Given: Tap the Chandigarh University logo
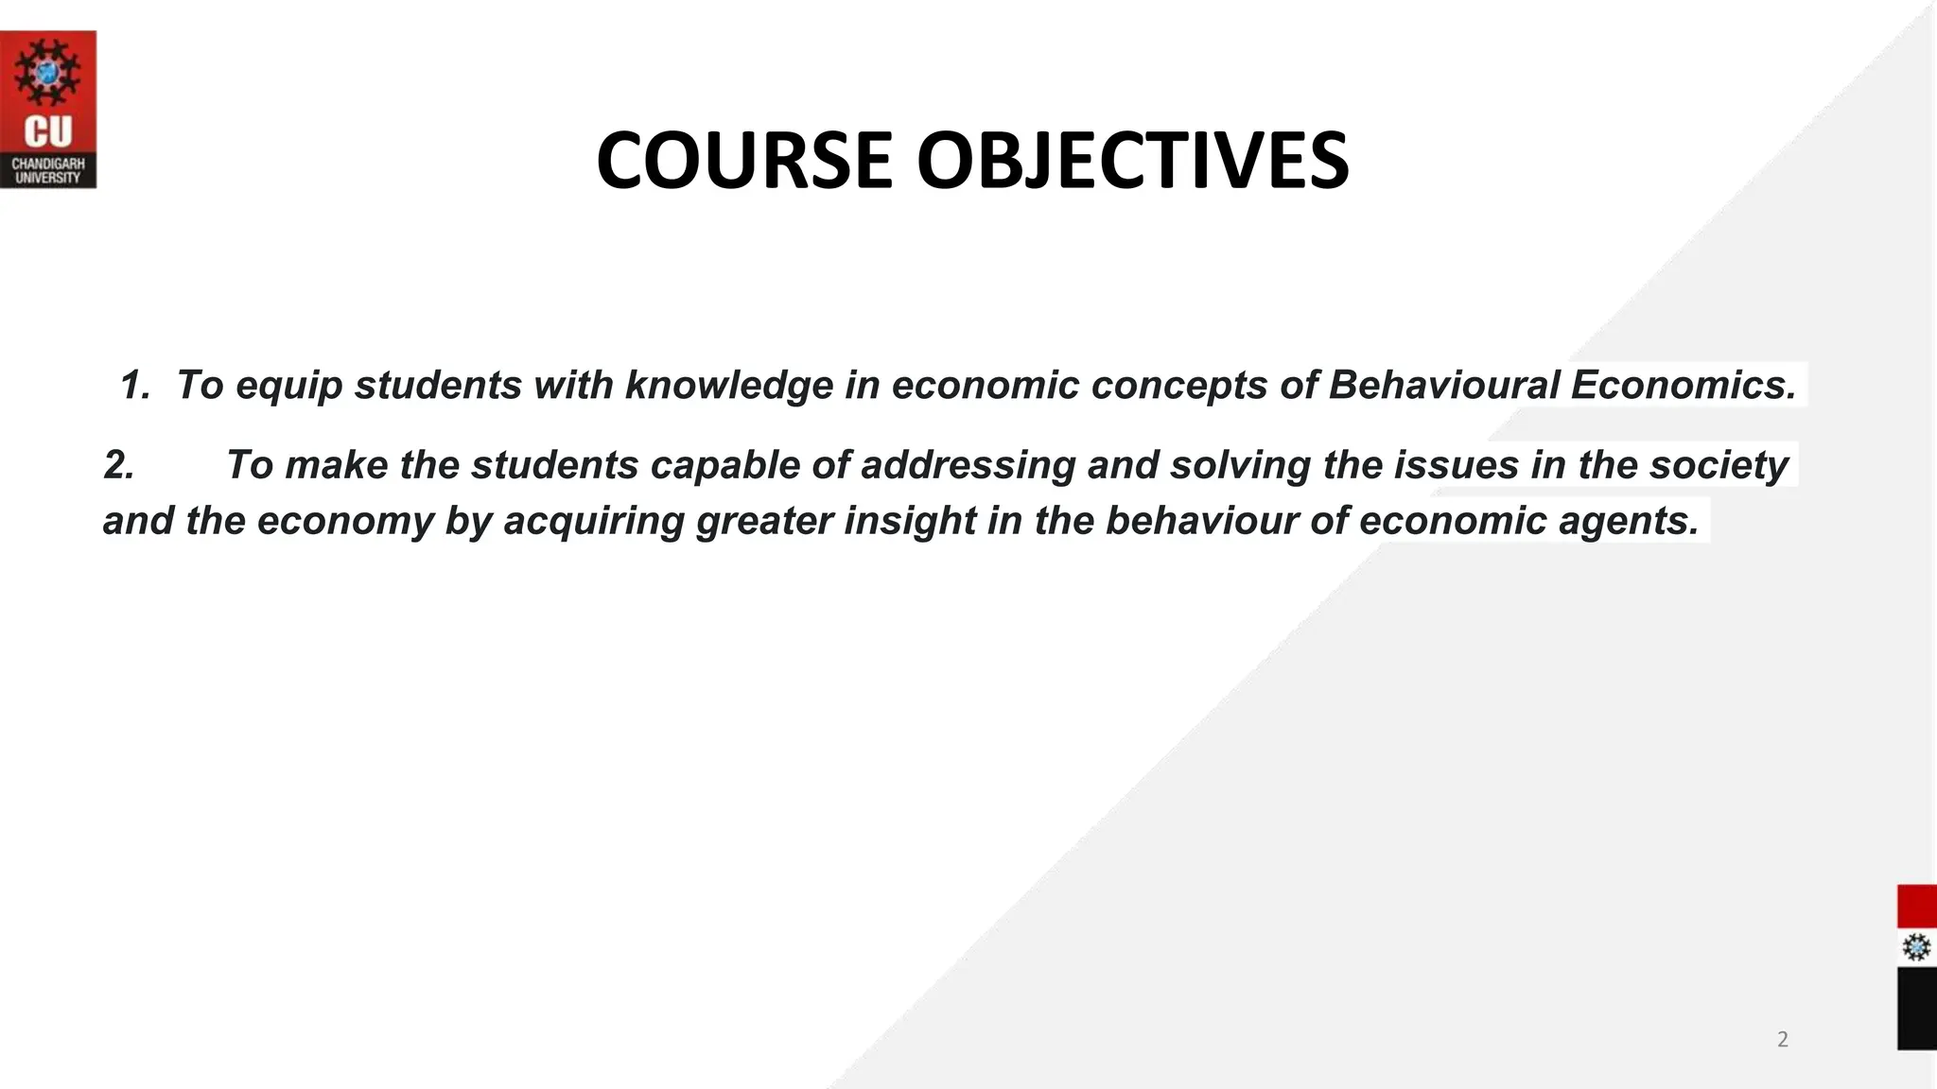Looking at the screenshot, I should [47, 110].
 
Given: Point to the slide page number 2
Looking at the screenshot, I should [1783, 1040].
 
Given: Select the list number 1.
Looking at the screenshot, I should [135, 386].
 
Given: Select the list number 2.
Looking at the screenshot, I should [118, 465].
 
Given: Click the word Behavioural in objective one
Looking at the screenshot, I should [1443, 386].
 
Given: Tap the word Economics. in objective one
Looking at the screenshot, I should [1683, 386].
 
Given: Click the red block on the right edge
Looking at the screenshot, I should [1916, 907].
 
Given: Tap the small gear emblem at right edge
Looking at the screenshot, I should [1916, 947].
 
